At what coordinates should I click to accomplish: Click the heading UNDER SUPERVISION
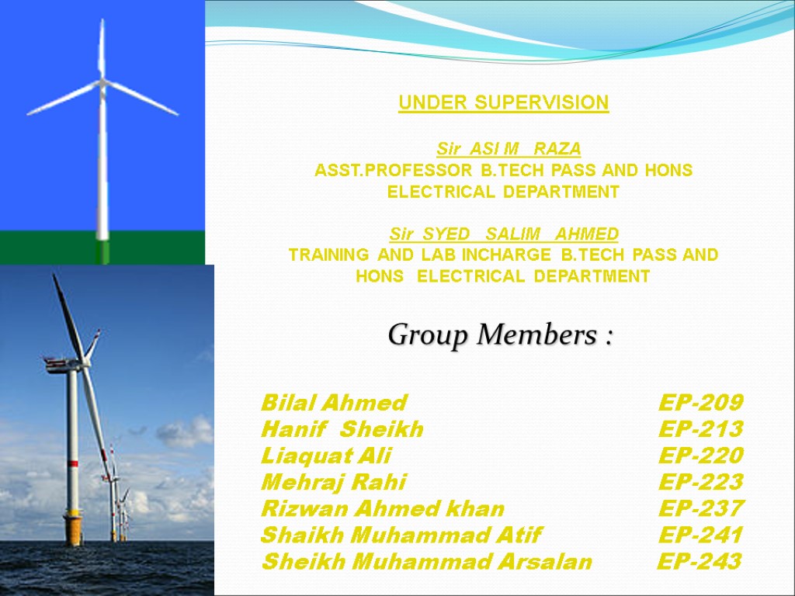pos(503,103)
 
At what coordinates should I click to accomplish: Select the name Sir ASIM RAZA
pos(509,148)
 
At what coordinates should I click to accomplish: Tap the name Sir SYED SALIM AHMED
pos(504,234)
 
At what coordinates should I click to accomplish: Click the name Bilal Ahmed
pos(334,403)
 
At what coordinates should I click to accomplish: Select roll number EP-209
pos(700,403)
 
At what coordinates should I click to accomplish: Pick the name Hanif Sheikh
pos(342,429)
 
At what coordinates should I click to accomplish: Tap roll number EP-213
pos(700,429)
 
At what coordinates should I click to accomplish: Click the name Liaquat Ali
pos(326,456)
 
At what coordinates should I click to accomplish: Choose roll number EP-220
pos(700,456)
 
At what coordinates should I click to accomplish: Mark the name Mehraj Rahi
pos(333,482)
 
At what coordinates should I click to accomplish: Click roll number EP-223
pos(700,482)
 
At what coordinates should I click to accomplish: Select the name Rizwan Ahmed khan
pos(383,509)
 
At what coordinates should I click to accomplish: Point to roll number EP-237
pos(700,509)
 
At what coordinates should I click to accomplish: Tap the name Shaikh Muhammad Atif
pos(401,535)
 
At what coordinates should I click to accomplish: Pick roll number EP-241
pos(700,535)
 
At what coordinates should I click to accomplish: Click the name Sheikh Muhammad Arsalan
pos(426,562)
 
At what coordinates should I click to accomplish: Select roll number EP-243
pos(699,562)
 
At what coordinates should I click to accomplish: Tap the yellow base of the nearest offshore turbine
pos(73,529)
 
